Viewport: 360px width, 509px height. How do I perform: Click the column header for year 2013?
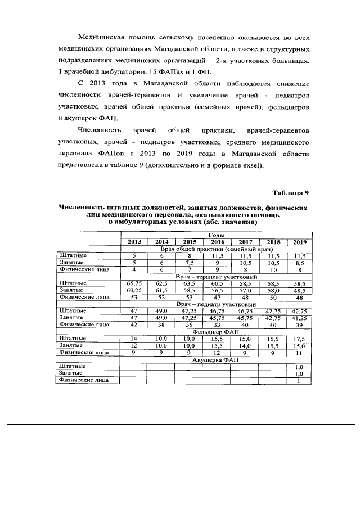click(x=134, y=241)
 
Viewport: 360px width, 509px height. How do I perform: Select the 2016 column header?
click(x=217, y=241)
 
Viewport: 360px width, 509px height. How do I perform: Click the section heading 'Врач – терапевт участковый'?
click(x=217, y=277)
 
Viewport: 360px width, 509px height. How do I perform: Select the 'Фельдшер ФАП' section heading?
click(x=216, y=331)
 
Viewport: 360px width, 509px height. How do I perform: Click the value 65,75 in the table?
click(x=135, y=283)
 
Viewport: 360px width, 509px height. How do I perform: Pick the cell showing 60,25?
click(x=135, y=290)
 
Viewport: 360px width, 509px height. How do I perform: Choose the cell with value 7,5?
click(x=190, y=262)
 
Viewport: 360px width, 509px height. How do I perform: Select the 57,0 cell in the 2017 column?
click(x=244, y=290)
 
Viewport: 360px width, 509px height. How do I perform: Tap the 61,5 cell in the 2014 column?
click(x=161, y=290)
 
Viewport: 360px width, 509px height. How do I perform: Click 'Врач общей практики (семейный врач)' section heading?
click(x=216, y=249)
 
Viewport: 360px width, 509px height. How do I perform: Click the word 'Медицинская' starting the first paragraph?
click(x=103, y=37)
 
